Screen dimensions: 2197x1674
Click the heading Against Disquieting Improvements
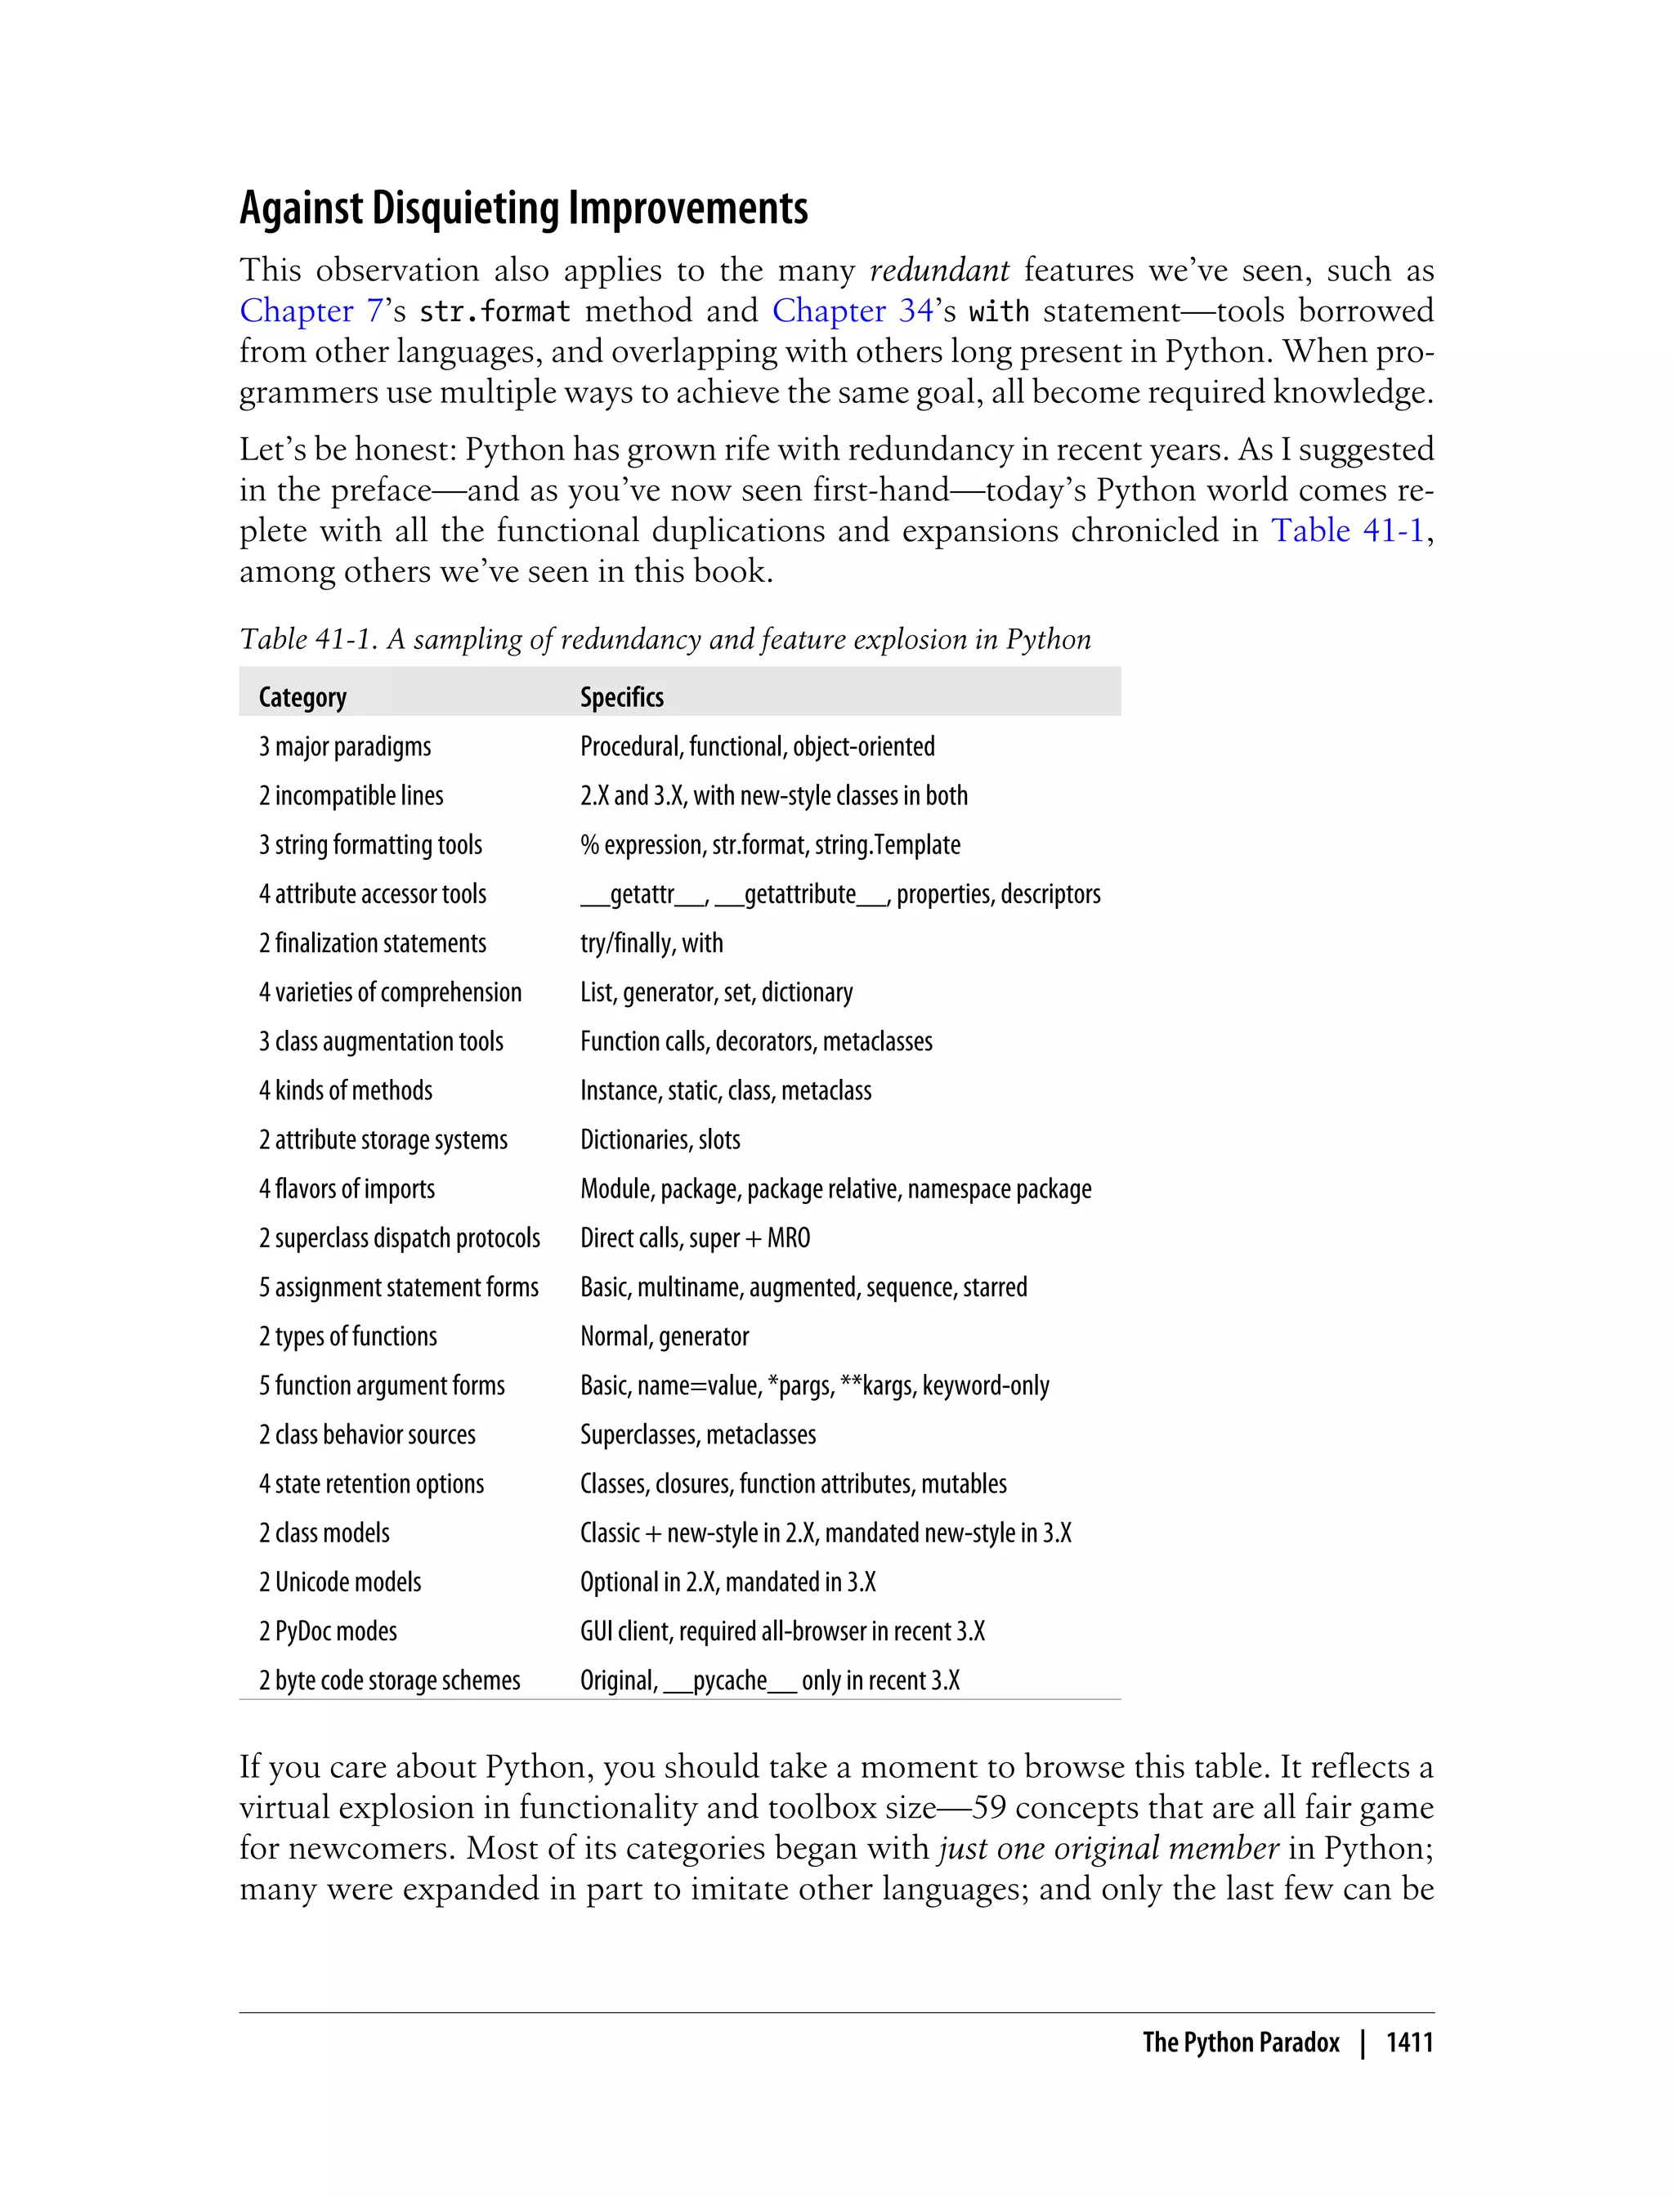tap(523, 208)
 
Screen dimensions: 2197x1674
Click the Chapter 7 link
tap(311, 311)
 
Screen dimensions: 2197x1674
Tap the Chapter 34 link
tap(852, 311)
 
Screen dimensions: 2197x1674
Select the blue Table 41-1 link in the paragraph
tap(1347, 530)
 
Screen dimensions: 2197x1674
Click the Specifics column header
tap(622, 697)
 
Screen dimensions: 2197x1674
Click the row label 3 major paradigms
tap(345, 746)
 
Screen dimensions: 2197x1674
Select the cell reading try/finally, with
tap(651, 942)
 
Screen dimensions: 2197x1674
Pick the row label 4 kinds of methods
tap(346, 1090)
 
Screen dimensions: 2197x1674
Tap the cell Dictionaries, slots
tap(660, 1140)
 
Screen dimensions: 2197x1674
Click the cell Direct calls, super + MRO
tap(695, 1237)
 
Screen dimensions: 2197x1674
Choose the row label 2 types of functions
tap(347, 1336)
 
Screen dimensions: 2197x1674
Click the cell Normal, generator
tap(665, 1336)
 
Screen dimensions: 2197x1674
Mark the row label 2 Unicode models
tap(340, 1582)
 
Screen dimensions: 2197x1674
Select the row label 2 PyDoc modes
tap(328, 1631)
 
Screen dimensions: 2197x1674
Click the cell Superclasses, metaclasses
tap(697, 1434)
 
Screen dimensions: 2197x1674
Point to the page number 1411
tap(1409, 2042)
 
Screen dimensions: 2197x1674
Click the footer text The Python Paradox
tap(1241, 2042)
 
